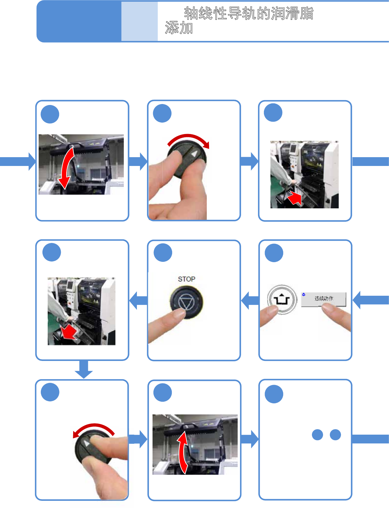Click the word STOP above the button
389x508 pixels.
(x=186, y=279)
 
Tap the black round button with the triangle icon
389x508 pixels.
(x=186, y=303)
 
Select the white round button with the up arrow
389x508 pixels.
(x=282, y=299)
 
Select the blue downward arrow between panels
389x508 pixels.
(x=84, y=369)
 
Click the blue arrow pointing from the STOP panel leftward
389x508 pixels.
(x=138, y=300)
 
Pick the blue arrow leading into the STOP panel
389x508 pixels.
(x=250, y=300)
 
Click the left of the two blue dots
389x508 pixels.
(x=317, y=435)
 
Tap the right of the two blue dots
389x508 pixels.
(x=335, y=435)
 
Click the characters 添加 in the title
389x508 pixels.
(x=179, y=28)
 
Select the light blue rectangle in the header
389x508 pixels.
(x=139, y=22)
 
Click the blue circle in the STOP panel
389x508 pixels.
(x=163, y=252)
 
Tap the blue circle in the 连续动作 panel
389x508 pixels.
(x=274, y=253)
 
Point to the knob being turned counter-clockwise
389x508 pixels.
(x=92, y=448)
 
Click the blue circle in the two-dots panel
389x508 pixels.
(x=274, y=394)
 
